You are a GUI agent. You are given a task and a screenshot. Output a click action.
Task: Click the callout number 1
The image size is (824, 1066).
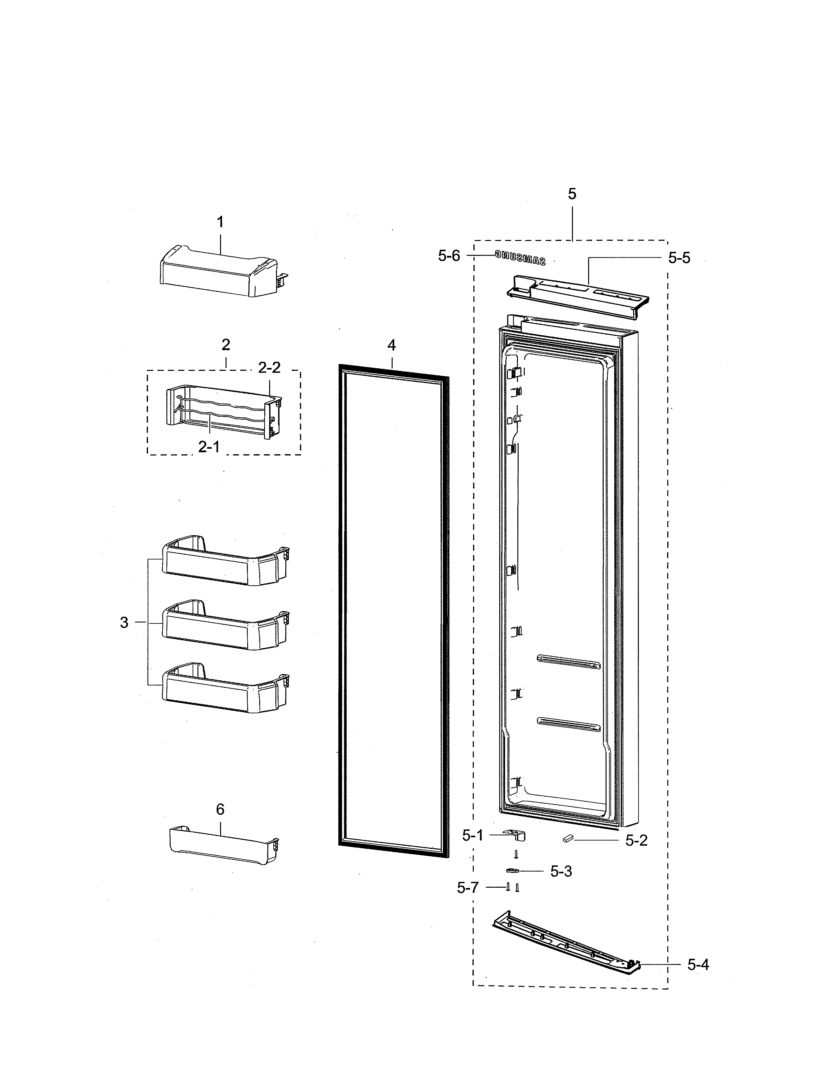[x=220, y=223]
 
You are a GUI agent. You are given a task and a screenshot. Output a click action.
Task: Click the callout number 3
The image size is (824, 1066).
[x=124, y=622]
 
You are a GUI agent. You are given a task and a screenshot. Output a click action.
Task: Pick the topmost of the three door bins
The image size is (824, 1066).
[x=225, y=561]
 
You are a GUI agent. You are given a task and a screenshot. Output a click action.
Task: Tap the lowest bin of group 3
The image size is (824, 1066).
[x=225, y=690]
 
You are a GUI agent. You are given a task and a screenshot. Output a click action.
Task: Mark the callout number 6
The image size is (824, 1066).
[x=220, y=810]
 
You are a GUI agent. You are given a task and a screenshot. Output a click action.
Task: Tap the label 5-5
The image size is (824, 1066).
[x=679, y=258]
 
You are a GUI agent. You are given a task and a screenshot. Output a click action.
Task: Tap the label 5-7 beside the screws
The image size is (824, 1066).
[x=468, y=888]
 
